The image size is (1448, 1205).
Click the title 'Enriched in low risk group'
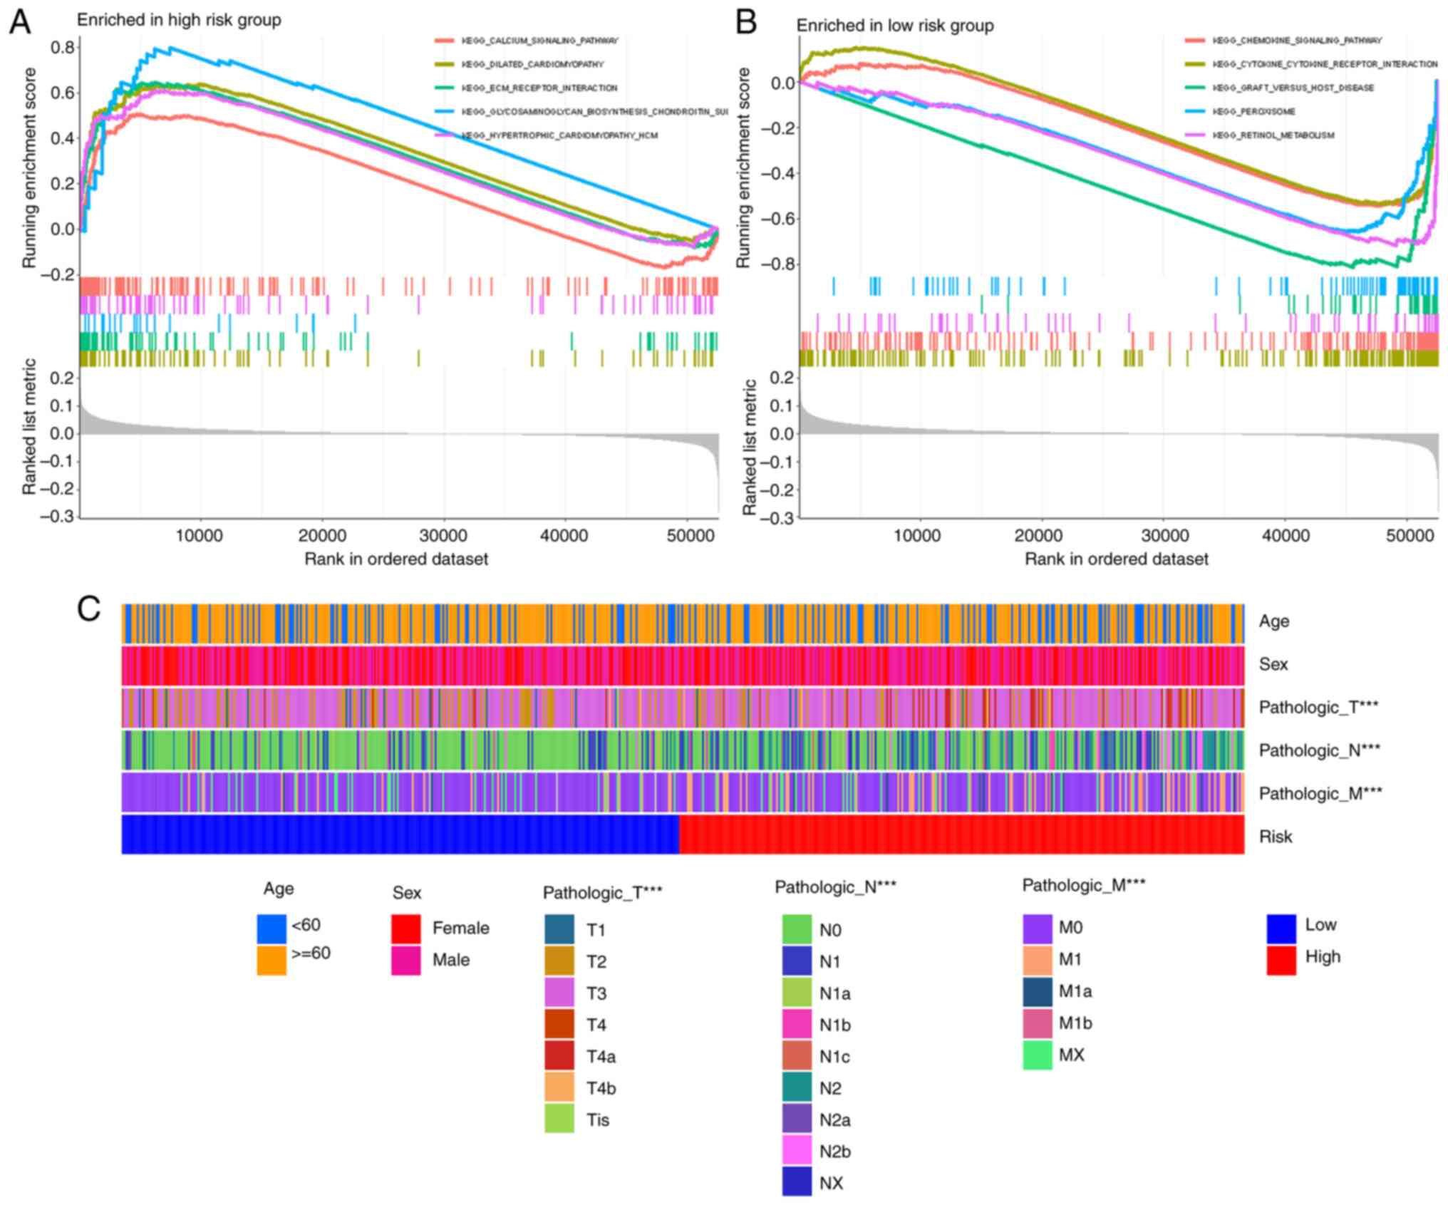pyautogui.click(x=894, y=26)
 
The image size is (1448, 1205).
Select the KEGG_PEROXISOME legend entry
pyautogui.click(x=1253, y=112)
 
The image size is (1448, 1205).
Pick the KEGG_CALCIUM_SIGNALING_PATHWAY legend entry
pyautogui.click(x=539, y=41)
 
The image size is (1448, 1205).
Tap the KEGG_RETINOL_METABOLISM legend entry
pyautogui.click(x=1273, y=135)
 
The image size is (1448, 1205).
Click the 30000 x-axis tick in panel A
pyautogui.click(x=443, y=535)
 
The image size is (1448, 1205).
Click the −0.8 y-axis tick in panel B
pyautogui.click(x=777, y=264)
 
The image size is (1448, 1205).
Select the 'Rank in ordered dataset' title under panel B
pyautogui.click(x=1116, y=559)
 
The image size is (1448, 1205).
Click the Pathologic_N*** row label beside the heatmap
pyautogui.click(x=1319, y=750)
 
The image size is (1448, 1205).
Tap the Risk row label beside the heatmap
pyautogui.click(x=1275, y=837)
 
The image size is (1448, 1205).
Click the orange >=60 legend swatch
pyautogui.click(x=271, y=959)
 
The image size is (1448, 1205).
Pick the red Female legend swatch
pyautogui.click(x=405, y=929)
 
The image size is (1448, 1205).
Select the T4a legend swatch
pyautogui.click(x=559, y=1056)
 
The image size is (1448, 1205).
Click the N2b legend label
pyautogui.click(x=834, y=1152)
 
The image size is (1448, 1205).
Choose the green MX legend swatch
pyautogui.click(x=1038, y=1055)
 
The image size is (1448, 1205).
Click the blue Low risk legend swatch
pyautogui.click(x=1281, y=929)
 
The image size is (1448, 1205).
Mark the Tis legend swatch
pyautogui.click(x=559, y=1119)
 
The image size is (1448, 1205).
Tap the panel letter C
pyautogui.click(x=88, y=610)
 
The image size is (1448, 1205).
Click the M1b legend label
pyautogui.click(x=1075, y=1023)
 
